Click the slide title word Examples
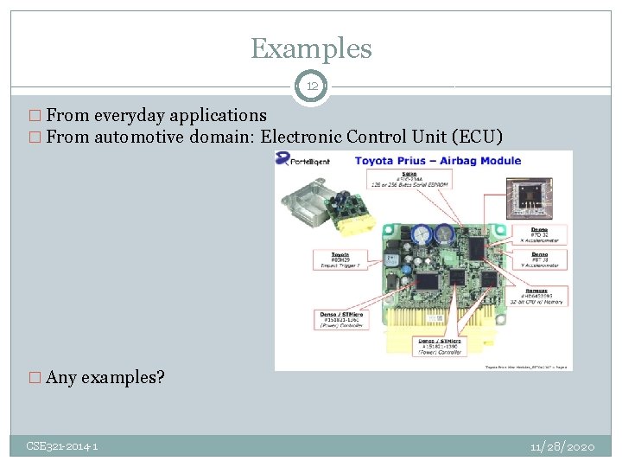[x=311, y=48]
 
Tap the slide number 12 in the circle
[x=310, y=86]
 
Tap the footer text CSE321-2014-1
[x=62, y=446]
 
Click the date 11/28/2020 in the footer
[x=562, y=446]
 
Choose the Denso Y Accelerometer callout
[x=539, y=259]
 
